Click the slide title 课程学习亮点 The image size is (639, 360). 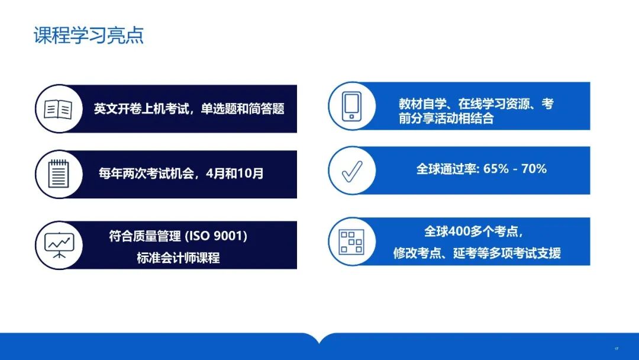(88, 36)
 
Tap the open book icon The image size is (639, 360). (58, 109)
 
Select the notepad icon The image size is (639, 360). (58, 173)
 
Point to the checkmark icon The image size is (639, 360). (352, 171)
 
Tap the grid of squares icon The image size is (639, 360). (351, 242)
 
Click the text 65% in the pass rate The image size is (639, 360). (496, 169)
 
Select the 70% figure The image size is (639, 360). (534, 169)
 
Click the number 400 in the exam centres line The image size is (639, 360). (459, 232)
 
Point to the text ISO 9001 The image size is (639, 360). (217, 236)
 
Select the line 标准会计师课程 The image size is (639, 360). (178, 258)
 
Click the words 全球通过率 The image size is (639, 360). (446, 169)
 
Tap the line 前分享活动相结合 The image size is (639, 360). (446, 118)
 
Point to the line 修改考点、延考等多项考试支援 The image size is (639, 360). (477, 253)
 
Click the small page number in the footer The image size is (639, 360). (617, 349)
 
